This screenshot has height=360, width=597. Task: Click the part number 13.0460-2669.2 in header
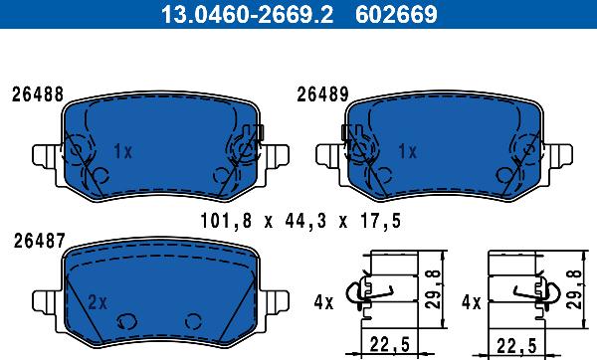pos(247,14)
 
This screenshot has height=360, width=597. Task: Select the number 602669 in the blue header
pos(396,14)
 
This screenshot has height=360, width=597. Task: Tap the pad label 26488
pos(38,94)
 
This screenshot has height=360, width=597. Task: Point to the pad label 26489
pos(322,94)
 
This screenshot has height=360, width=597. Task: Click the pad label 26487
pos(39,241)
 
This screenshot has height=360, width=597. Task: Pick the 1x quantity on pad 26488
pos(123,151)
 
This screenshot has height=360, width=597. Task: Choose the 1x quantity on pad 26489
pos(407,151)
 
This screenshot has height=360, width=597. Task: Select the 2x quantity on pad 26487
pos(98,302)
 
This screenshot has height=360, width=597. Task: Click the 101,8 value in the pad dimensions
pos(226,221)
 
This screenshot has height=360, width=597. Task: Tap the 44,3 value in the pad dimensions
pos(305,221)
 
